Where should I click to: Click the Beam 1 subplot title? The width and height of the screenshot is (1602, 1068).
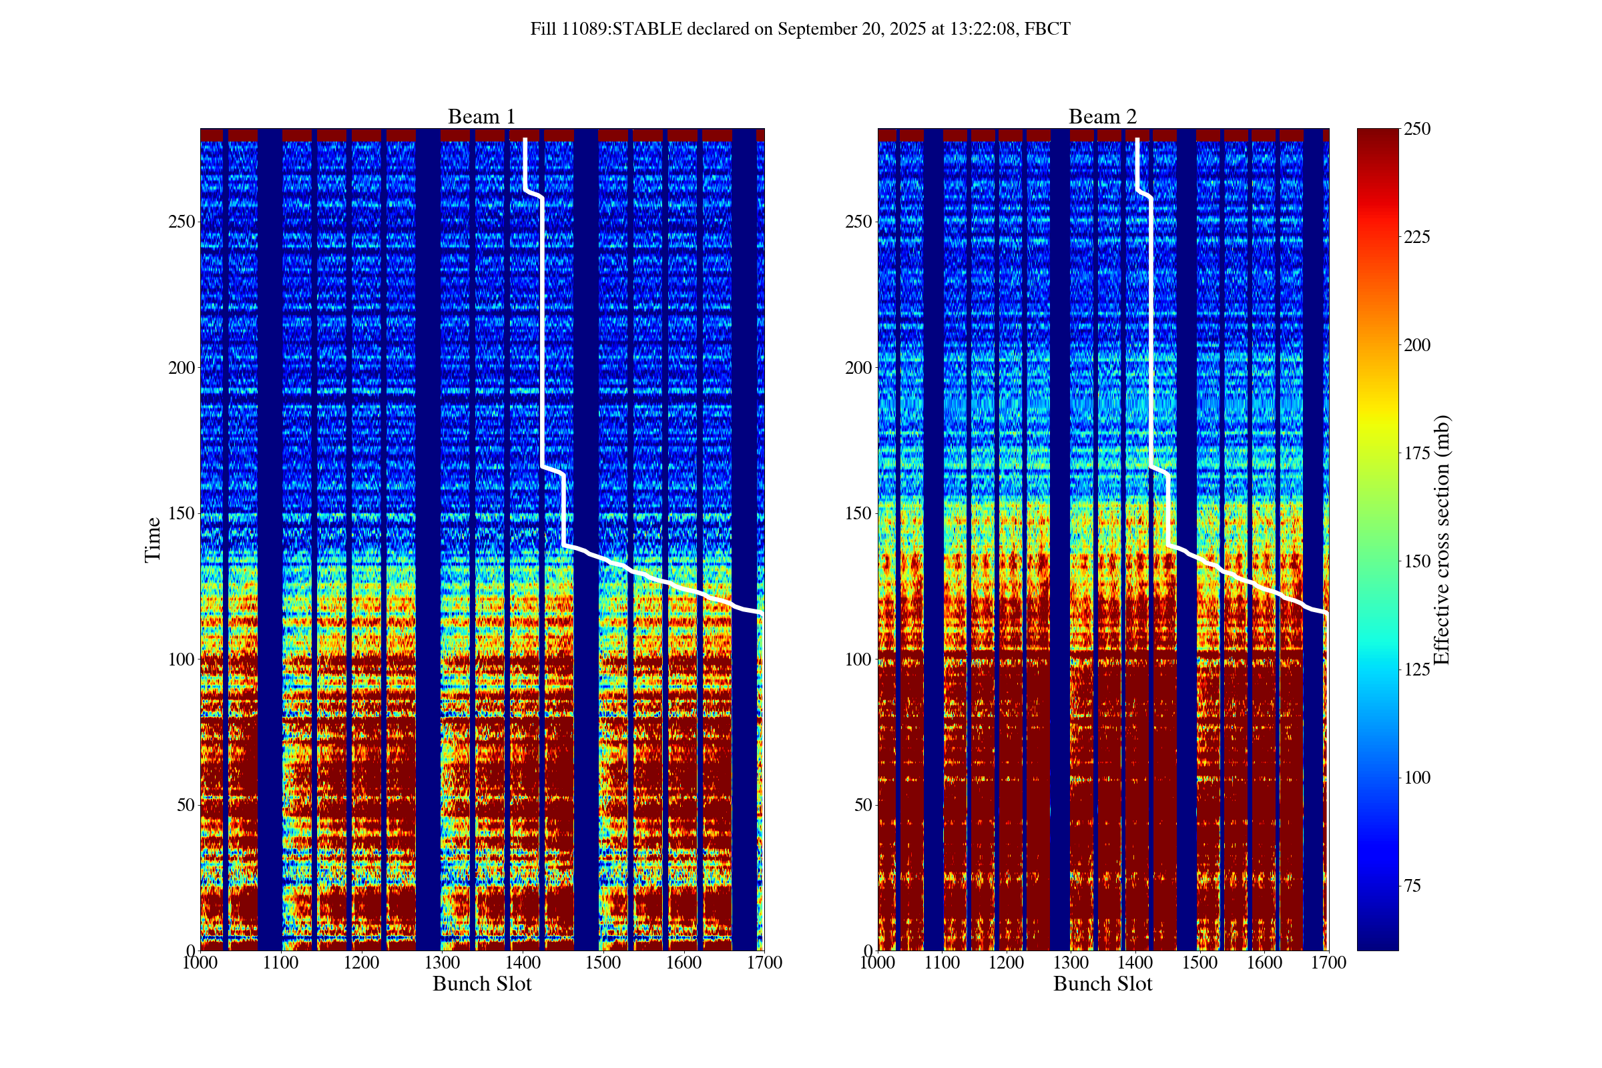481,117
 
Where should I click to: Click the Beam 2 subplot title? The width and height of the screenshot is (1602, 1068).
1102,117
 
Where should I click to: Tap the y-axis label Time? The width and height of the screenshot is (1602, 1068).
153,539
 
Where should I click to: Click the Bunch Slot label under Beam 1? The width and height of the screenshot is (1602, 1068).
481,984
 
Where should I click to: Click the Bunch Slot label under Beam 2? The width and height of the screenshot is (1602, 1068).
1102,984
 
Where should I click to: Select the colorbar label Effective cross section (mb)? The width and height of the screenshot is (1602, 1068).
1441,539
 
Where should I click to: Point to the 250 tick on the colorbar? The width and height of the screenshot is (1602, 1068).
1416,129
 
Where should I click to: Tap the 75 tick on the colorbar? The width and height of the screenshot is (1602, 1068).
1412,886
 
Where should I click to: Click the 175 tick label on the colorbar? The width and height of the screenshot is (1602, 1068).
1416,454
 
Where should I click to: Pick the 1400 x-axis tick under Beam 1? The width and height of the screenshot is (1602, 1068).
523,963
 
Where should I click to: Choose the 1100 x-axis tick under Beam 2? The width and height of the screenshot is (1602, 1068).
942,963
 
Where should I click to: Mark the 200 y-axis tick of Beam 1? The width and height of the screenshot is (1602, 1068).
181,368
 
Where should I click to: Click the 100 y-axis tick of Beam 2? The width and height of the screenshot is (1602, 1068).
858,659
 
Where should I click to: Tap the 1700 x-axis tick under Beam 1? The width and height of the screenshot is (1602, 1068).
764,963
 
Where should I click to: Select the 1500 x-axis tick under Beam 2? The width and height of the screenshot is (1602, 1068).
1199,963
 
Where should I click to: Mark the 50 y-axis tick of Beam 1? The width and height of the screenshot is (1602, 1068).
186,805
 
